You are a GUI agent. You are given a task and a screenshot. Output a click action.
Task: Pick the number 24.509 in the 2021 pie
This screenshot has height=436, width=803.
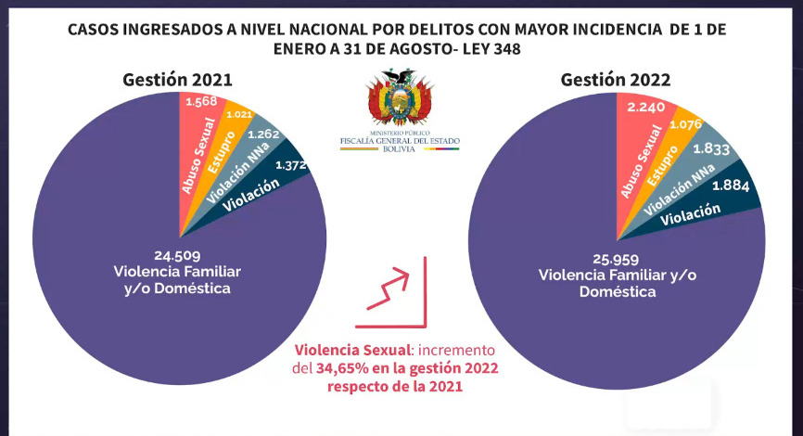(177, 255)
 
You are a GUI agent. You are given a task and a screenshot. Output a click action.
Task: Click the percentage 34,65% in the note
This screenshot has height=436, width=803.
(345, 368)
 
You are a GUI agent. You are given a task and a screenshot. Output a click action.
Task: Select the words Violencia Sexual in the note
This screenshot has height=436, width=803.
(351, 351)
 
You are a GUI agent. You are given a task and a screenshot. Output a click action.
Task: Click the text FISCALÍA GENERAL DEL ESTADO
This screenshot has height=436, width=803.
(401, 141)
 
